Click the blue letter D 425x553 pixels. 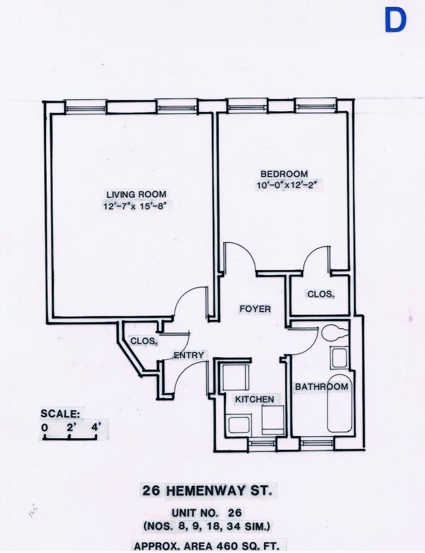point(395,20)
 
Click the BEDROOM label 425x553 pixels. point(283,174)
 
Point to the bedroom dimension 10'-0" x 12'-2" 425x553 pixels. point(284,185)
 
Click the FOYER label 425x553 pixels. point(255,309)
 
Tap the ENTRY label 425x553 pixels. point(189,355)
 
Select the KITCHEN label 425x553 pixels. point(255,399)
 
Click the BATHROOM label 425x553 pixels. point(321,386)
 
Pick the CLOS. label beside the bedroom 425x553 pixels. point(320,294)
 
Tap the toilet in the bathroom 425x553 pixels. point(332,332)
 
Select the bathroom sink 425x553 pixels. point(339,358)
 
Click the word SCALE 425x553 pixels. point(60,413)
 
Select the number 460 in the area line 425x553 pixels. point(228,545)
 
